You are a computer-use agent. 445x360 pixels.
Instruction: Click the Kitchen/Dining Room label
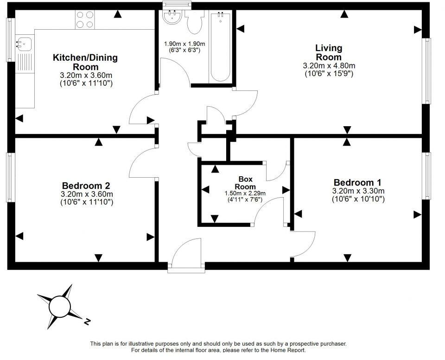click(x=85, y=62)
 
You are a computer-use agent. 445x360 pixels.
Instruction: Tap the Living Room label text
click(x=329, y=52)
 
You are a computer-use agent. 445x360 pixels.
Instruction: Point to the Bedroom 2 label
click(x=87, y=186)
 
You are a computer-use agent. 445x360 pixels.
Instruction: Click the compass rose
click(x=59, y=306)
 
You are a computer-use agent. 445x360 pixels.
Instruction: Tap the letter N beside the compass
click(x=87, y=321)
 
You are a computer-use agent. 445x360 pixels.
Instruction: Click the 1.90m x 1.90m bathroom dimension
click(x=184, y=44)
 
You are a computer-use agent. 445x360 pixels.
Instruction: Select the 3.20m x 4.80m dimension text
click(x=329, y=66)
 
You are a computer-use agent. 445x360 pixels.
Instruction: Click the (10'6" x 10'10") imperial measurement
click(x=358, y=199)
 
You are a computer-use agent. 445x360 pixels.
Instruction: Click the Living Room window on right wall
click(x=427, y=71)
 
